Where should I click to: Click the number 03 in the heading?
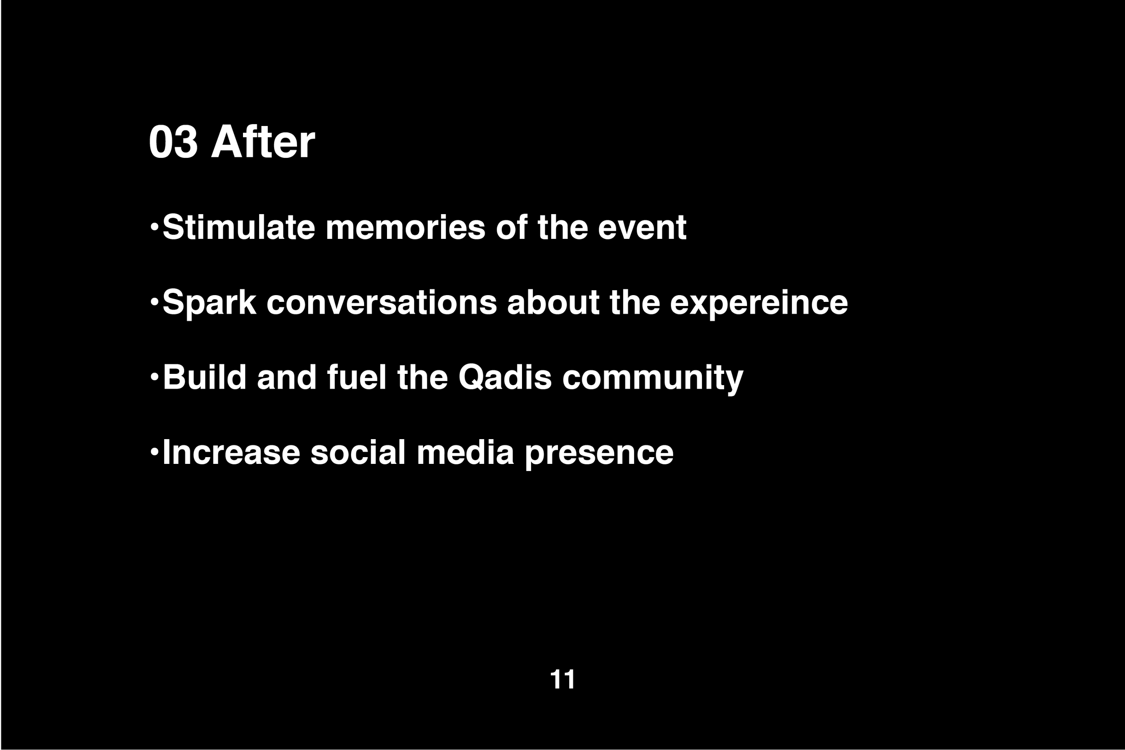tap(173, 142)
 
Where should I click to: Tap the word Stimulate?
tap(238, 227)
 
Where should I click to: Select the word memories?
tap(405, 227)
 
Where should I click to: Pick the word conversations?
tap(381, 303)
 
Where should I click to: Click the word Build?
tap(205, 377)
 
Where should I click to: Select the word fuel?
tap(357, 377)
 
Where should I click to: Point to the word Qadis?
tap(505, 377)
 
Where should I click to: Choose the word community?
tap(652, 378)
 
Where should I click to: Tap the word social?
tap(358, 453)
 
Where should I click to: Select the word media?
tap(465, 453)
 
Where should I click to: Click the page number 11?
tap(562, 679)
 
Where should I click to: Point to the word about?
tap(553, 303)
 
